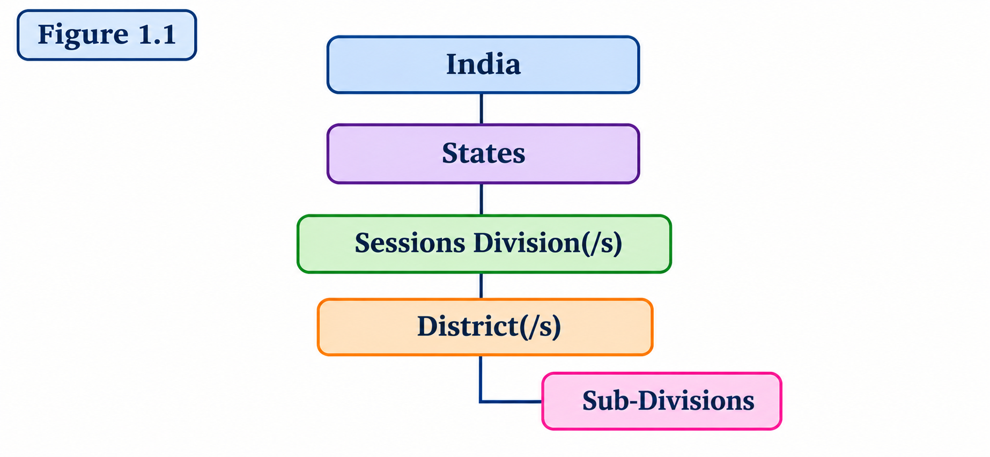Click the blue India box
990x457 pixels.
click(x=483, y=65)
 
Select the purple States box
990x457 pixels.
click(x=483, y=154)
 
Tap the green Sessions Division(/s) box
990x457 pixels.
click(x=484, y=244)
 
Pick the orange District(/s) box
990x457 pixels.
click(x=485, y=327)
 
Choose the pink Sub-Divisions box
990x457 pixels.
click(x=662, y=401)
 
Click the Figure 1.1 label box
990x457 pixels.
click(x=107, y=35)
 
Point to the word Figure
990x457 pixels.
click(x=83, y=36)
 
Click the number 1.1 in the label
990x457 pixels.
click(x=157, y=35)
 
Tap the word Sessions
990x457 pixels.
click(x=410, y=243)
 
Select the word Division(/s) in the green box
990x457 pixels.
click(x=548, y=243)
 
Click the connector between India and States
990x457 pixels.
click(x=481, y=109)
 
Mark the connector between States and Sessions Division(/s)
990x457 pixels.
click(x=481, y=200)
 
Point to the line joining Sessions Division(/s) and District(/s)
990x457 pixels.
click(x=481, y=286)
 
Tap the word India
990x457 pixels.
click(x=483, y=64)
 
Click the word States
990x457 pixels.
click(x=483, y=153)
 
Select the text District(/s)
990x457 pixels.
click(x=489, y=327)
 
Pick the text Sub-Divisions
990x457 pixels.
click(x=668, y=401)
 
